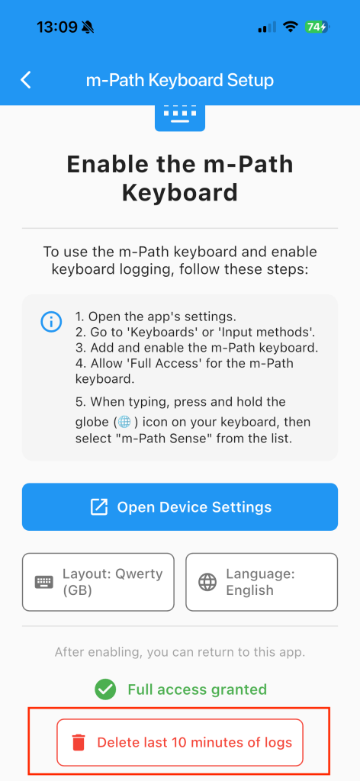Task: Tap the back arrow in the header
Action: pyautogui.click(x=26, y=79)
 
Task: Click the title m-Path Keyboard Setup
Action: pyautogui.click(x=180, y=80)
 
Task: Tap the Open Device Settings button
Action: pyautogui.click(x=180, y=506)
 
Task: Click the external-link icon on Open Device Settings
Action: pyautogui.click(x=98, y=507)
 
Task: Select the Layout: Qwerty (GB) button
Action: pyautogui.click(x=98, y=582)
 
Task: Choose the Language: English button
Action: pyautogui.click(x=262, y=582)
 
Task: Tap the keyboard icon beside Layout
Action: pyautogui.click(x=43, y=582)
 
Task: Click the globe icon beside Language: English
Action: pyautogui.click(x=207, y=582)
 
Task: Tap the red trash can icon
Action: pyautogui.click(x=79, y=743)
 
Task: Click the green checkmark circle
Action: pyautogui.click(x=105, y=689)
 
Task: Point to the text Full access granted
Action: pyautogui.click(x=198, y=689)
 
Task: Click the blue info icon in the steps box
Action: pyautogui.click(x=50, y=322)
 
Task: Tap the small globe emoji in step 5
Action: pyautogui.click(x=124, y=423)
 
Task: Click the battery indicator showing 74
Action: pyautogui.click(x=317, y=27)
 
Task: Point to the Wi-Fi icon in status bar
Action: pyautogui.click(x=289, y=27)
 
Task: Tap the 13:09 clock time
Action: pyautogui.click(x=56, y=27)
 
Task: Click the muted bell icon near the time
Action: pyautogui.click(x=88, y=27)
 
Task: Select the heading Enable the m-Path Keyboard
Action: pyautogui.click(x=180, y=178)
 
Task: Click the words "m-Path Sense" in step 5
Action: pyautogui.click(x=152, y=439)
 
